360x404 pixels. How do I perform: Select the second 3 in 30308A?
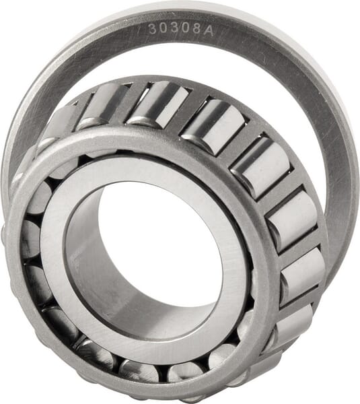(175, 28)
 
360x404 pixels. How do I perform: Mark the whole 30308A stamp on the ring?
(181, 30)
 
